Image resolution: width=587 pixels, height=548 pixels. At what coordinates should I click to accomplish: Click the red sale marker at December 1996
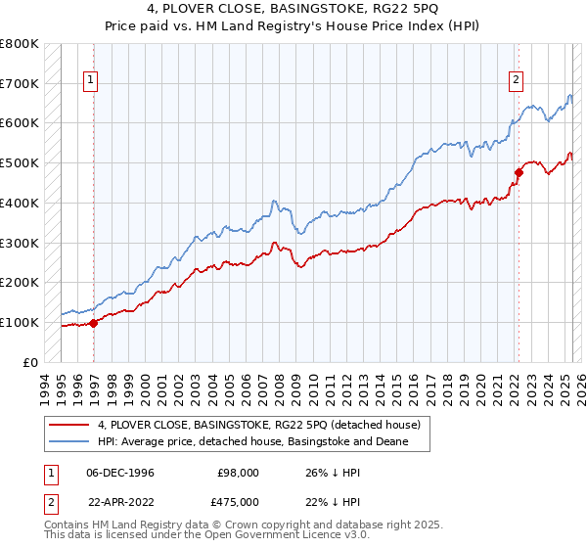pos(94,323)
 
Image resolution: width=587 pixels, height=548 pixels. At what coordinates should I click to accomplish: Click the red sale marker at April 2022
pos(519,173)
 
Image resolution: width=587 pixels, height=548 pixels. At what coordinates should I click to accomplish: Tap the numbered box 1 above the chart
pos(90,81)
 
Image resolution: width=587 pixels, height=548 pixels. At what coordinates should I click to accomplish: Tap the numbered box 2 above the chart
pos(516,81)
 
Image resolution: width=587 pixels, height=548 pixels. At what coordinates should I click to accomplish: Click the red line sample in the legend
pos(68,425)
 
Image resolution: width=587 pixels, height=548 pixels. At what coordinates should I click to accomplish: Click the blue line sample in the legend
pos(68,442)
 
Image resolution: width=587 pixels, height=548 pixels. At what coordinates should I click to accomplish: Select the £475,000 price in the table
pos(238,504)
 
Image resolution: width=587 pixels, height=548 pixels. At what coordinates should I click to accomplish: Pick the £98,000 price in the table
pos(238,472)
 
